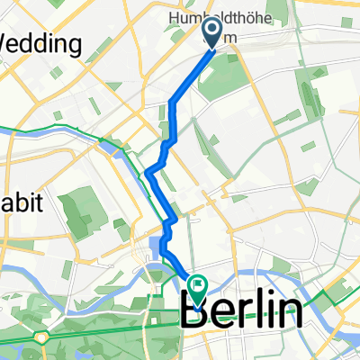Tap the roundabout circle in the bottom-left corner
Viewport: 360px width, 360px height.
tap(40, 337)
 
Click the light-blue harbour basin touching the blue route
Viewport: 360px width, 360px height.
tap(157, 246)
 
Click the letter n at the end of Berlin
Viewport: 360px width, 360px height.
tap(288, 314)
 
